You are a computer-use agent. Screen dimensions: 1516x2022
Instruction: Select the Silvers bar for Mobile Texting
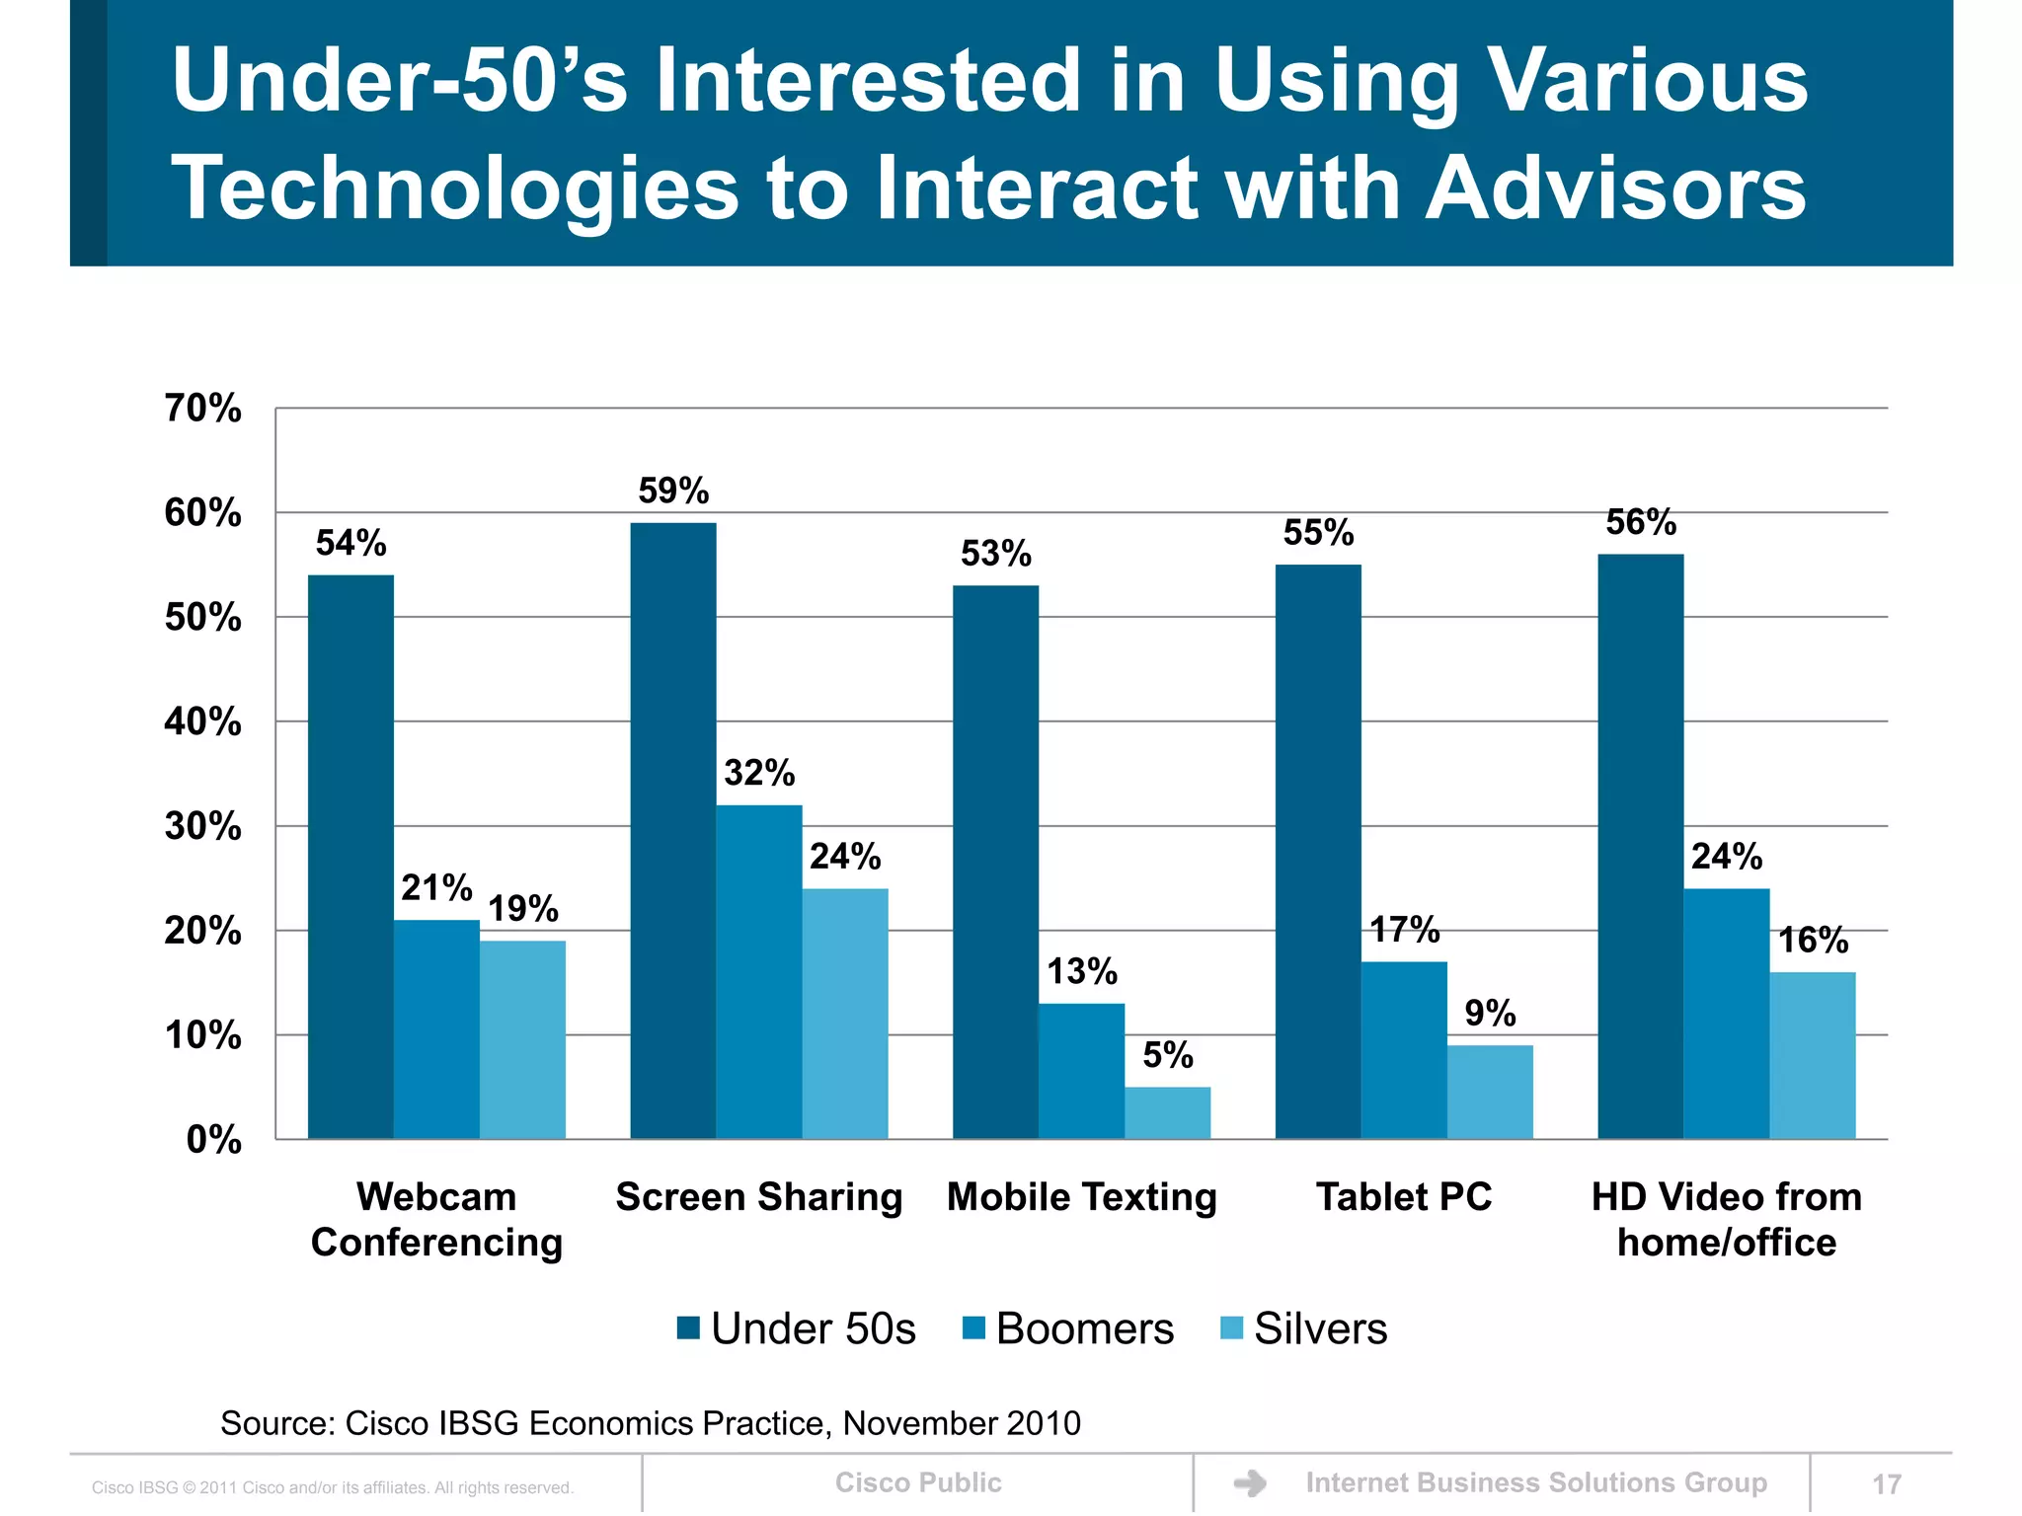coord(1167,1113)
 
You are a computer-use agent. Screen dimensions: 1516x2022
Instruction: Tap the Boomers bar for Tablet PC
coord(1404,1050)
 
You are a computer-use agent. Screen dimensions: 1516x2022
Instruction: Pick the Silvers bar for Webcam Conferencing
coord(522,1040)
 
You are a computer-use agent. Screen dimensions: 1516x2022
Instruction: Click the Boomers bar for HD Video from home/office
coord(1726,1014)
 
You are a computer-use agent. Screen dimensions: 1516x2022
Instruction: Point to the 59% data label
coord(673,491)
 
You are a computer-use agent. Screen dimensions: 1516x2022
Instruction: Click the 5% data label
coord(1168,1055)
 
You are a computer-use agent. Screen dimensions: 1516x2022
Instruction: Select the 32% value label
coord(759,773)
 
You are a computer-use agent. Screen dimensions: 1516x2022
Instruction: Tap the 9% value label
coord(1490,1013)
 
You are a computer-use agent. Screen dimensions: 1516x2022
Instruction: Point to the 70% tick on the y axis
coord(203,408)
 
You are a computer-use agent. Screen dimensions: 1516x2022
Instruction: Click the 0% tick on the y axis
coord(213,1140)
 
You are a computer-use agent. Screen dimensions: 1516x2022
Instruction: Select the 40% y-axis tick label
coord(203,721)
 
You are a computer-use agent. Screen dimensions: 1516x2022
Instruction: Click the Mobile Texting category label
coord(1082,1197)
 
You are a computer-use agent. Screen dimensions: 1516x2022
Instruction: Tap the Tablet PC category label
coord(1404,1197)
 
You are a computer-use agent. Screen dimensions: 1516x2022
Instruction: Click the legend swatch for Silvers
coord(1231,1328)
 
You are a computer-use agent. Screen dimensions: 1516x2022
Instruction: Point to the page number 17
coord(1886,1484)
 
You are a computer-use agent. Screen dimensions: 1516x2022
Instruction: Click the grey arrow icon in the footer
coord(1250,1483)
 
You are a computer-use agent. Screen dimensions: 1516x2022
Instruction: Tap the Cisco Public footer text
coord(918,1482)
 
